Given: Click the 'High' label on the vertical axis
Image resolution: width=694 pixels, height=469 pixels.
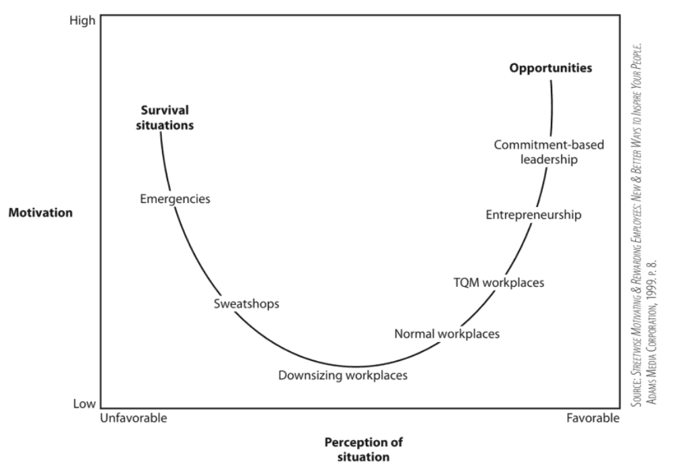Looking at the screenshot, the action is click(82, 21).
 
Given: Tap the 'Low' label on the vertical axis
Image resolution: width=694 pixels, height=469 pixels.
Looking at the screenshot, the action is click(84, 404).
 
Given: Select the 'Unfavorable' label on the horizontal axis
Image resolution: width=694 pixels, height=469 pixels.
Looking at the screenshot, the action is click(134, 418).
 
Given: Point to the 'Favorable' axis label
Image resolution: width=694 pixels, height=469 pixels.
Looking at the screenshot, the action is click(593, 418).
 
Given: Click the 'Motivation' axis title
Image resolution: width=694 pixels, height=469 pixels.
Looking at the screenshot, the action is click(41, 213).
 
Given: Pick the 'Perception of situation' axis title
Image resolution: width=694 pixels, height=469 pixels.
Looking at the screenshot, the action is click(364, 449).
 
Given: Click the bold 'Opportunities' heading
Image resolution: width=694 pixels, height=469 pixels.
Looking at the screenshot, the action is click(551, 68).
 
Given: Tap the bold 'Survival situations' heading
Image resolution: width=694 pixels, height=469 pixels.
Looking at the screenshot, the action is click(165, 117).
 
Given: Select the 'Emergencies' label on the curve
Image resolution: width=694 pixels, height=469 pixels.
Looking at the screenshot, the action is click(175, 199).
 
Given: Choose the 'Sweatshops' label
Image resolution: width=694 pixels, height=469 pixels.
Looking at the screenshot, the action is click(246, 304).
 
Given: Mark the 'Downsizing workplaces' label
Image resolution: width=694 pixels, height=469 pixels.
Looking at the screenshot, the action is click(343, 375).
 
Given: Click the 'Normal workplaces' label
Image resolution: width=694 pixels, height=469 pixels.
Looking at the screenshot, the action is click(447, 333).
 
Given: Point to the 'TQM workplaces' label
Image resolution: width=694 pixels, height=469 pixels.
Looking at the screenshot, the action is click(499, 283).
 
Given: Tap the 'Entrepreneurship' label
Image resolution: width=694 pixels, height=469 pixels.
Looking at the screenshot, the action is click(533, 215).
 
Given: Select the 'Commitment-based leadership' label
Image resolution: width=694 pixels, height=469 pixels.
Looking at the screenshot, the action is click(549, 153).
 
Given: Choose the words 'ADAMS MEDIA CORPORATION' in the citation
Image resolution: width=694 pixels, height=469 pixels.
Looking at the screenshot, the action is click(651, 354).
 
